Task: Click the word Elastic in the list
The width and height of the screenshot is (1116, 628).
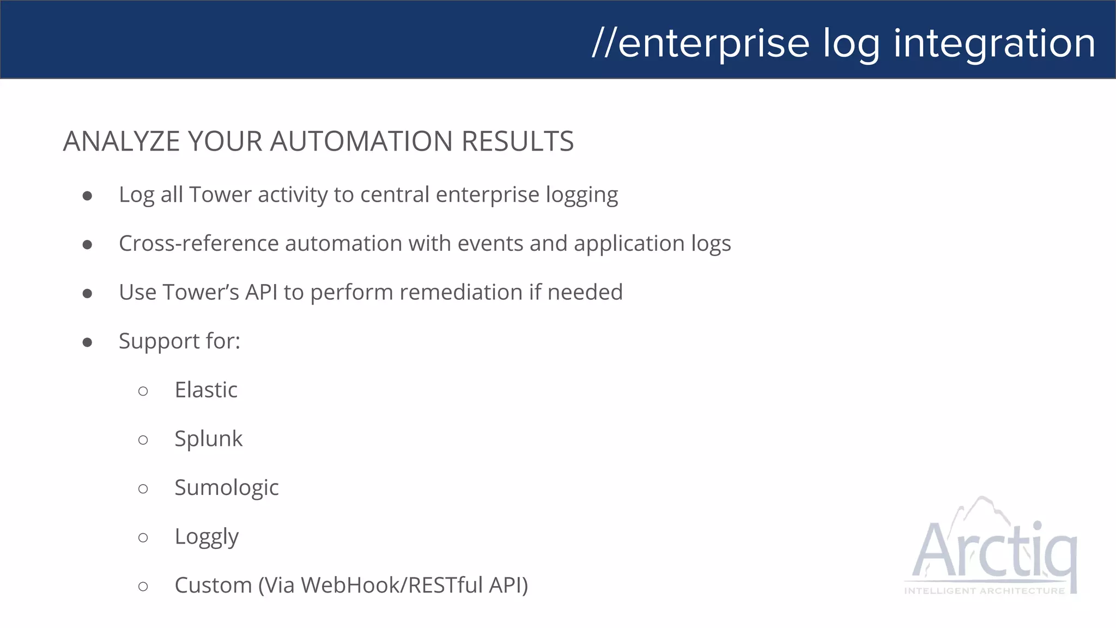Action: click(x=206, y=390)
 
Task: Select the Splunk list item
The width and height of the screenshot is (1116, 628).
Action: click(x=208, y=439)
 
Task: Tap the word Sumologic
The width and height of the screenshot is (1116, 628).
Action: click(x=226, y=488)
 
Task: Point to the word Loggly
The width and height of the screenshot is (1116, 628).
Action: click(x=207, y=537)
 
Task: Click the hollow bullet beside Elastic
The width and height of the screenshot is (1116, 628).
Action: click(x=143, y=391)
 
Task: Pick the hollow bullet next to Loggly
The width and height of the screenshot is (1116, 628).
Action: click(x=143, y=538)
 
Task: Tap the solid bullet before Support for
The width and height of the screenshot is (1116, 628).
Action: click(x=87, y=342)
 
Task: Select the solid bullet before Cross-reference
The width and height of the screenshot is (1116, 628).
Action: click(x=87, y=245)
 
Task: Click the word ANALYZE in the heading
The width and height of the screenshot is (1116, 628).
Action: click(x=122, y=141)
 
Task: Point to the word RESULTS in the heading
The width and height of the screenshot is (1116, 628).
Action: click(x=518, y=141)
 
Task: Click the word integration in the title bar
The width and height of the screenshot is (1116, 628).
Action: click(x=994, y=44)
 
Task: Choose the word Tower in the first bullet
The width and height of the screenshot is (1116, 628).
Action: click(x=220, y=195)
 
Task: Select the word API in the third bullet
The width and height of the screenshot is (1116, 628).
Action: click(x=262, y=292)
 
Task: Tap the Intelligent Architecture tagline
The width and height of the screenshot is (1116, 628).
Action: click(x=984, y=591)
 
